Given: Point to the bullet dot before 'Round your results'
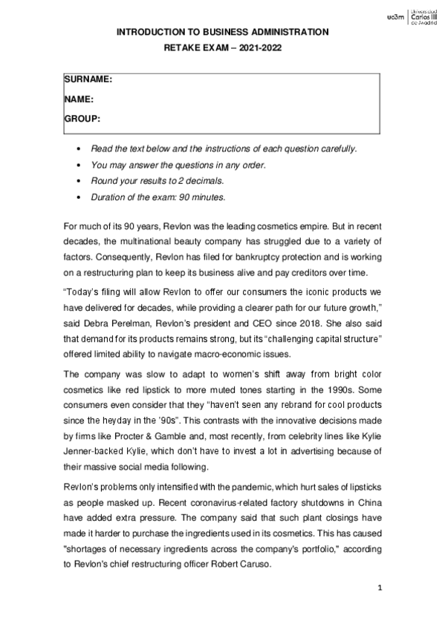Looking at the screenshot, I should tap(79, 181).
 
